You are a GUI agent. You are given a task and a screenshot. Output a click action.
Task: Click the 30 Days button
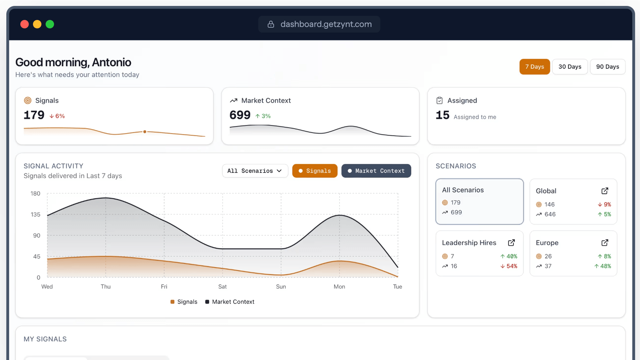pyautogui.click(x=570, y=67)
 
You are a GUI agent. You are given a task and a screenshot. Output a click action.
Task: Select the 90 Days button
pyautogui.click(x=607, y=67)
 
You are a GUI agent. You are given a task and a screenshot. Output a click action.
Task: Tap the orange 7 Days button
pyautogui.click(x=534, y=67)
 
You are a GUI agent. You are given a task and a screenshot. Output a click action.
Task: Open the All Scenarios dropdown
pyautogui.click(x=255, y=171)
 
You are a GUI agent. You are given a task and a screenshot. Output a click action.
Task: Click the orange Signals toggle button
pyautogui.click(x=315, y=171)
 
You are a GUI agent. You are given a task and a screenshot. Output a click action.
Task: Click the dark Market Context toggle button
pyautogui.click(x=376, y=171)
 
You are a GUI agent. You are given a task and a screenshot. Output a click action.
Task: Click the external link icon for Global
pyautogui.click(x=605, y=191)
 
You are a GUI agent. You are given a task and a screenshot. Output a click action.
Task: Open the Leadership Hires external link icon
pyautogui.click(x=511, y=243)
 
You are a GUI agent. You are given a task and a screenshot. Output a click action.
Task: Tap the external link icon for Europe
pyautogui.click(x=605, y=243)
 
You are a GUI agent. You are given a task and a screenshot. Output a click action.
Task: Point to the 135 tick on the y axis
pyautogui.click(x=36, y=214)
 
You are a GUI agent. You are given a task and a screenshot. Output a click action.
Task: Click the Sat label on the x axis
pyautogui.click(x=222, y=287)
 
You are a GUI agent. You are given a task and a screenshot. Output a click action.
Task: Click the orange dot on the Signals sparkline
pyautogui.click(x=145, y=132)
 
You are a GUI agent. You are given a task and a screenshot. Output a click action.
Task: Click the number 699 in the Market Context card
pyautogui.click(x=240, y=115)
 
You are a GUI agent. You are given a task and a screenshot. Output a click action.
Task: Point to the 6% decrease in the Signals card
pyautogui.click(x=57, y=116)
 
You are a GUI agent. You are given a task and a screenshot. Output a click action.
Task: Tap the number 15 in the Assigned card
pyautogui.click(x=442, y=115)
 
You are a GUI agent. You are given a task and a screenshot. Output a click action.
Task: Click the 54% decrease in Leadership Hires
pyautogui.click(x=509, y=266)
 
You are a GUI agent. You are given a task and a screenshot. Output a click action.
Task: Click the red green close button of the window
pyautogui.click(x=25, y=24)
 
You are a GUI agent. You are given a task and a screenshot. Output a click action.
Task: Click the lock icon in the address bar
pyautogui.click(x=271, y=24)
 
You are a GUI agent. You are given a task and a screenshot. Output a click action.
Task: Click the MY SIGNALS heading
pyautogui.click(x=45, y=339)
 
